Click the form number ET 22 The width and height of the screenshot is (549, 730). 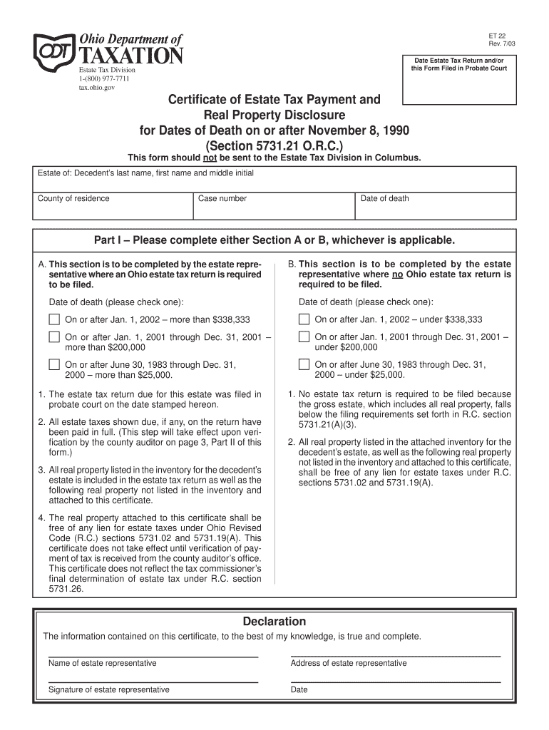point(497,36)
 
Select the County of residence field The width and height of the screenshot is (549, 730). point(113,205)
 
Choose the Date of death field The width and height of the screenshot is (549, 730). point(434,205)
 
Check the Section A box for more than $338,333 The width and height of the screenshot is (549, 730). point(54,319)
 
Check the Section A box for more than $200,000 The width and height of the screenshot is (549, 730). point(54,337)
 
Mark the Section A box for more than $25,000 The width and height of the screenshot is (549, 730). point(54,364)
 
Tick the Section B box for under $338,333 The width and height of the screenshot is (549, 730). point(304,319)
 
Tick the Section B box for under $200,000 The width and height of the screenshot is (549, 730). point(304,337)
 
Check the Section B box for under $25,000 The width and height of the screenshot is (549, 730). point(304,364)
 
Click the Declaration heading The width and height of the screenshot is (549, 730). point(274,622)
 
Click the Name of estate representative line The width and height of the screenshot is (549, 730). point(153,654)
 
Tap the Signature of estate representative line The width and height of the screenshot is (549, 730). point(153,681)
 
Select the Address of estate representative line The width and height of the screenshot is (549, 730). point(396,654)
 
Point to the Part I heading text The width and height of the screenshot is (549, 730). point(274,240)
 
